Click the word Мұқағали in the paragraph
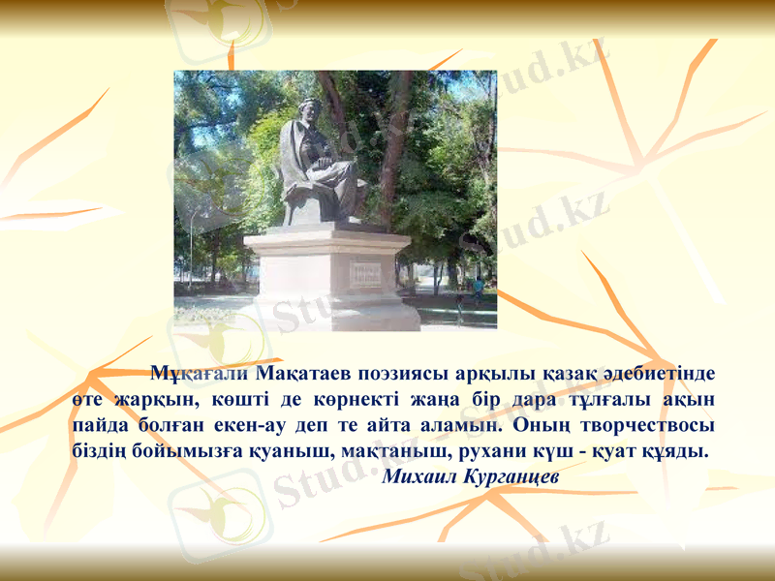tap(201, 372)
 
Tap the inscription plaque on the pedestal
tap(365, 273)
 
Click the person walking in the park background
tap(477, 288)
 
